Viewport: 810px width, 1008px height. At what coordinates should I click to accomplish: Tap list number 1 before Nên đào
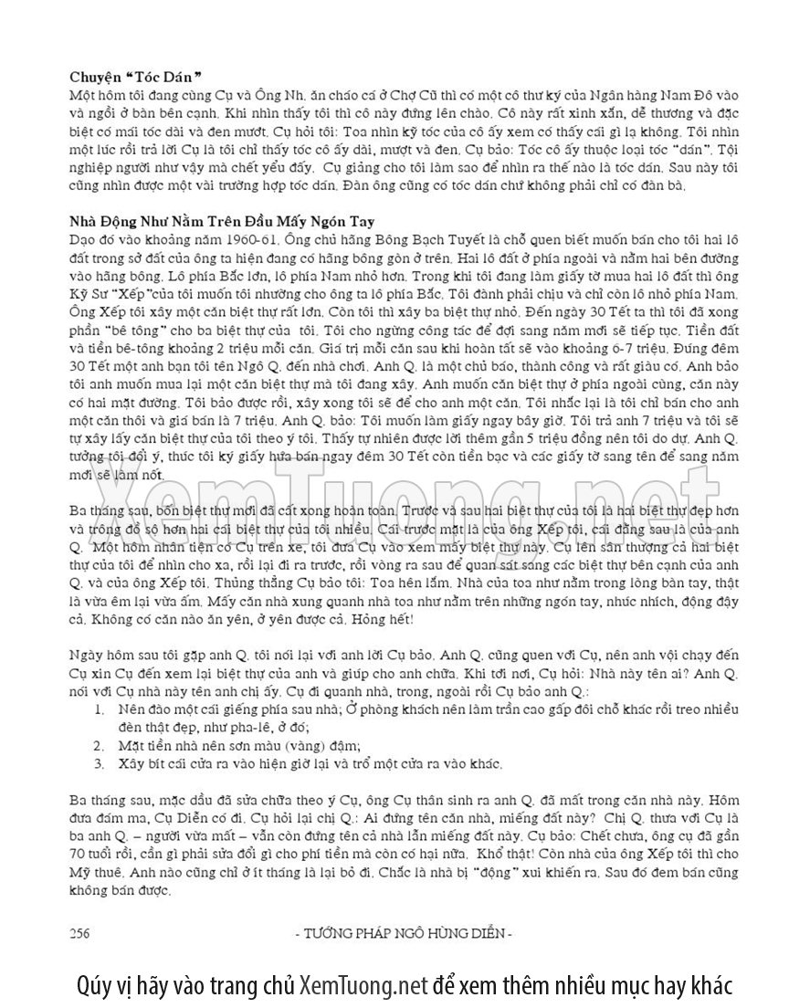(x=100, y=709)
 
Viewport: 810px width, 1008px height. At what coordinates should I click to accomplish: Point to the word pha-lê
(x=253, y=726)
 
